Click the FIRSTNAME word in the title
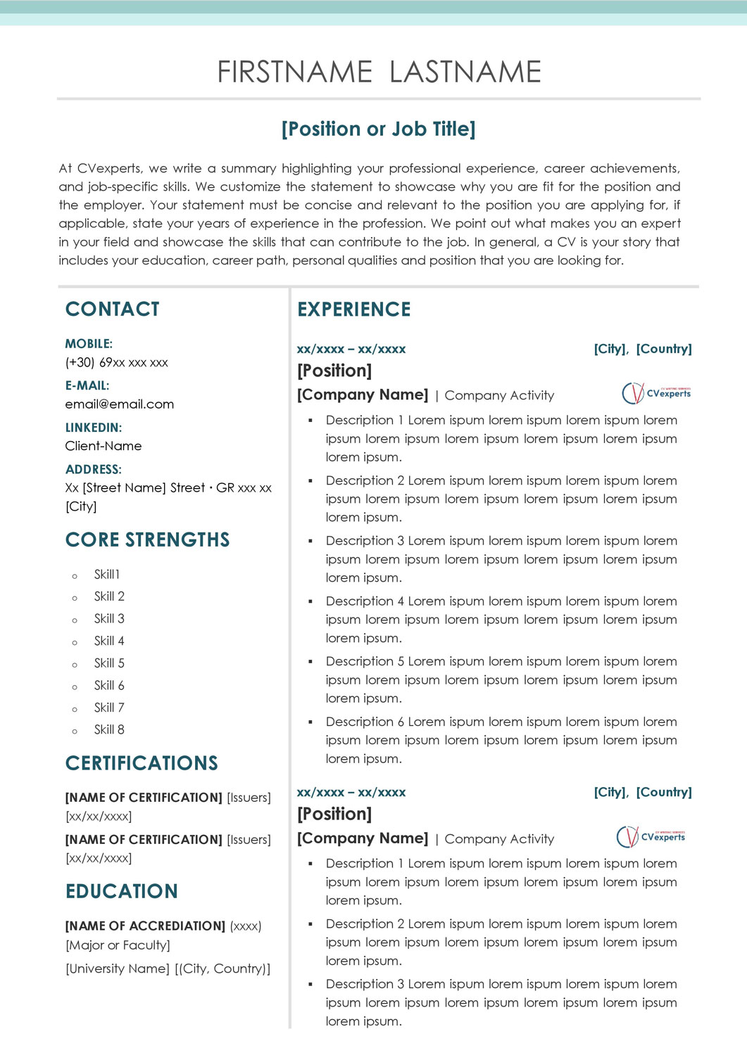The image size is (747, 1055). click(294, 72)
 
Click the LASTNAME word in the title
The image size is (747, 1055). click(465, 72)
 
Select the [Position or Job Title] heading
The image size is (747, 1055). click(378, 129)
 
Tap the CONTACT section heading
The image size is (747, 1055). click(113, 309)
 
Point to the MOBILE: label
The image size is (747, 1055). click(89, 344)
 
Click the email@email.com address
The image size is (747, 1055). click(120, 404)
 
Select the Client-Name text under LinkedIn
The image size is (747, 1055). click(103, 446)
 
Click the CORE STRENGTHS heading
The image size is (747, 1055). click(148, 540)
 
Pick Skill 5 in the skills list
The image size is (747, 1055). click(109, 663)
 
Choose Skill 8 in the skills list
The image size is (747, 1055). click(109, 730)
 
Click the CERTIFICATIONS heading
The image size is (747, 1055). click(142, 763)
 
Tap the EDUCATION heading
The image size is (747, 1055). click(122, 892)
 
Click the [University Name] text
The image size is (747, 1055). click(118, 969)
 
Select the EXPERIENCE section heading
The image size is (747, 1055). click(354, 309)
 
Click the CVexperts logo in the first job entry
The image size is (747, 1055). click(656, 393)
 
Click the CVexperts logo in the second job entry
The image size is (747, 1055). click(651, 837)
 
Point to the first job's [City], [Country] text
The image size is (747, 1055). click(643, 349)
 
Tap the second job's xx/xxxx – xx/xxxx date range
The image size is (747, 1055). click(351, 793)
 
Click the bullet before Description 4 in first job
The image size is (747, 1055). click(310, 601)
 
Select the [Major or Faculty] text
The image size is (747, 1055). click(118, 945)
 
